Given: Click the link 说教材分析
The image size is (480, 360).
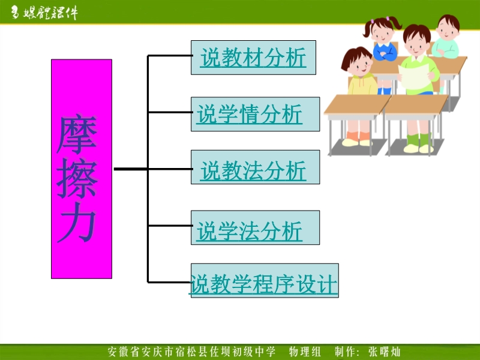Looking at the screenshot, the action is point(253,58).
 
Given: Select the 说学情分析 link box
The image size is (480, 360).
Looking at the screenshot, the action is point(256,114).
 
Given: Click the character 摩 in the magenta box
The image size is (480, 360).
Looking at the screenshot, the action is point(77,134).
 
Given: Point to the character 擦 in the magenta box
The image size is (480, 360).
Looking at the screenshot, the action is point(77,178).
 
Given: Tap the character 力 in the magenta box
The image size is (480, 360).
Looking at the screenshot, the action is point(77,223).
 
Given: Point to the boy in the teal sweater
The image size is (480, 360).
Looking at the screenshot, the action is point(446,37).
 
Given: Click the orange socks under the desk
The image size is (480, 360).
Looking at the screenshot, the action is point(358,137).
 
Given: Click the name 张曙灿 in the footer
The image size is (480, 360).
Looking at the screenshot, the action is point(385,352).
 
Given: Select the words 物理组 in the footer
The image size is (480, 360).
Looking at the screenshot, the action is point(305,352).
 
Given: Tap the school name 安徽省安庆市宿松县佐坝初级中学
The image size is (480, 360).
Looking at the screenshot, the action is point(191,352).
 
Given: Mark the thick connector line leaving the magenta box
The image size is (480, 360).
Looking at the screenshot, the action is point(131,169).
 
